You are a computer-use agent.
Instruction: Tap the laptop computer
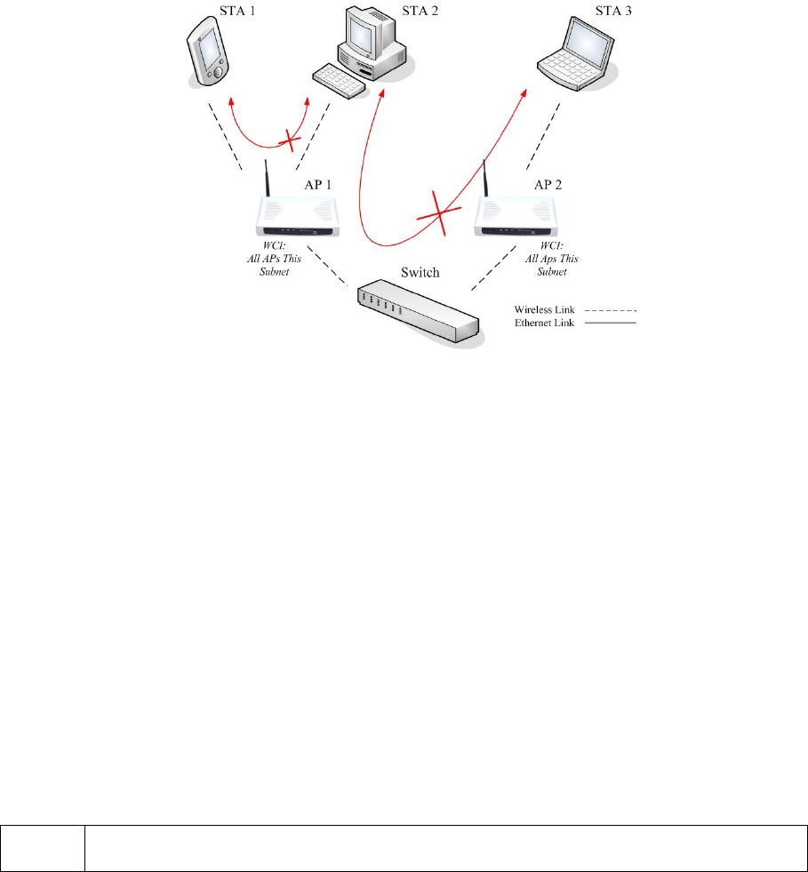580,55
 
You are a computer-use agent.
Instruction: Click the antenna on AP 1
266,180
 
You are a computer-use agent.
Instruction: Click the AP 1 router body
298,219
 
